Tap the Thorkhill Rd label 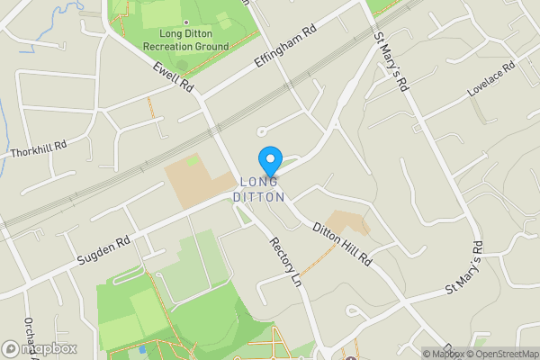coord(39,148)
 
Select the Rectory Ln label coord(285,262)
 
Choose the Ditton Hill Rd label coord(342,243)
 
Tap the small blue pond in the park coord(141,347)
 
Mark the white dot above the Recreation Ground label coord(186,22)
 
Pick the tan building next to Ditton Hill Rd coord(347,223)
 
